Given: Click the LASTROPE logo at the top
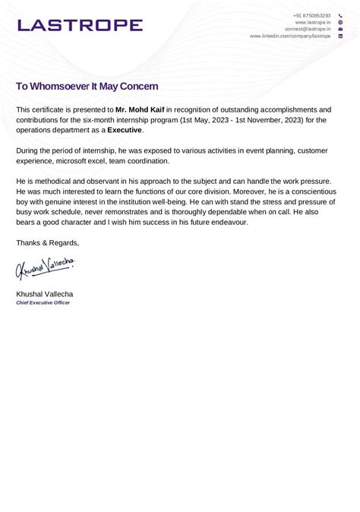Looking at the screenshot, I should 80,25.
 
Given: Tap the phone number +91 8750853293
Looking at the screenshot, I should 311,15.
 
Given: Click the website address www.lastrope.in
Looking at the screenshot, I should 313,22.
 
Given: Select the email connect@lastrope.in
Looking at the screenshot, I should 308,29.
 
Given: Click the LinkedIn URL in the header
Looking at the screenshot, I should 290,36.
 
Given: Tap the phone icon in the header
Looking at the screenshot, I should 340,15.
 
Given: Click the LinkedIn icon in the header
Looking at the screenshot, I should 340,36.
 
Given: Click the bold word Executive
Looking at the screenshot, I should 125,130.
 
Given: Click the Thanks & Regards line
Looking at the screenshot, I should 47,243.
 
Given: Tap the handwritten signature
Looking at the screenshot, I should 46,267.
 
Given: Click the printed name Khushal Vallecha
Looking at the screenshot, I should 45,293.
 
